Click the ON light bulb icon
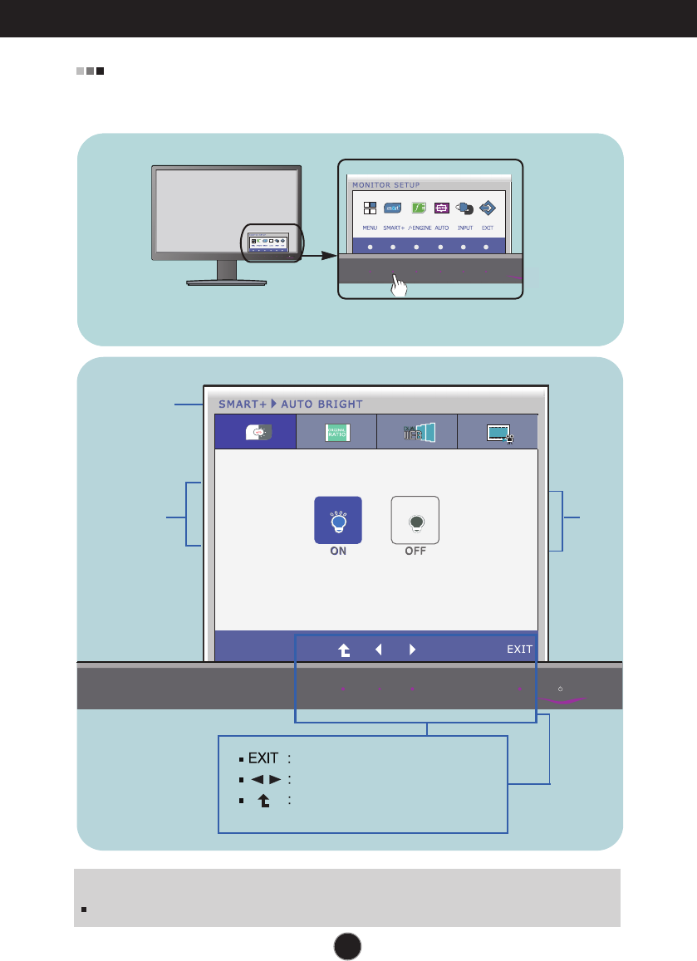(338, 520)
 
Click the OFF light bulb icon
(415, 520)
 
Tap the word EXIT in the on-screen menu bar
(520, 650)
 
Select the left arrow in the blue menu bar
(378, 650)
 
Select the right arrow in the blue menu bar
(412, 650)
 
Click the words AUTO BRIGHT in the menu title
(322, 404)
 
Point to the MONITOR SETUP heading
(386, 184)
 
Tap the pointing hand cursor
(400, 287)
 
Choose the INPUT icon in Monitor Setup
(465, 209)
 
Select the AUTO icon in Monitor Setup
(441, 209)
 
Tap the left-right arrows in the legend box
(261, 779)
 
